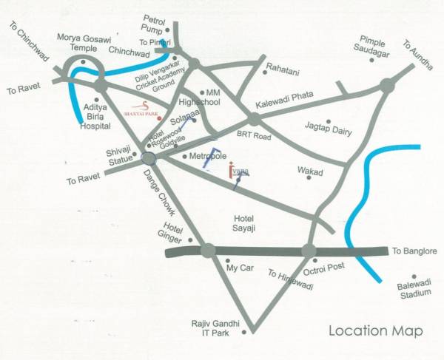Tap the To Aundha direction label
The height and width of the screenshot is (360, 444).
[417, 55]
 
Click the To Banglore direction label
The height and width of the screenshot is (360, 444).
[416, 251]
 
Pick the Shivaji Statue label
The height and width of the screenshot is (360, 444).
[119, 156]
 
